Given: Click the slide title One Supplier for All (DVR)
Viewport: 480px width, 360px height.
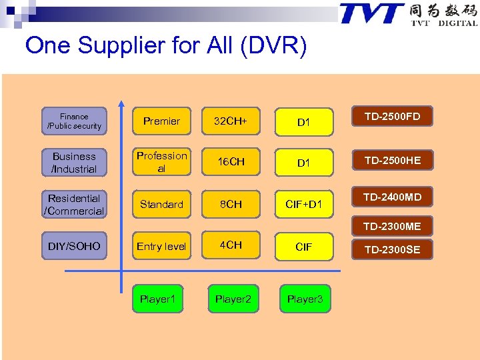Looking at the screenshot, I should (x=166, y=46).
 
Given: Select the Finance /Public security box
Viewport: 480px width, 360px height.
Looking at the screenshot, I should (x=74, y=121).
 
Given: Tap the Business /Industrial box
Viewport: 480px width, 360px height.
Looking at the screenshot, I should (x=74, y=162).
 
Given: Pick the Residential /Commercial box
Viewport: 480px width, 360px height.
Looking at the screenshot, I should (x=74, y=205).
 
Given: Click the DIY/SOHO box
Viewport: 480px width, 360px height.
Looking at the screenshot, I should (x=74, y=246).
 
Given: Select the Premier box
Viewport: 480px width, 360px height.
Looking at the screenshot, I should (x=161, y=121).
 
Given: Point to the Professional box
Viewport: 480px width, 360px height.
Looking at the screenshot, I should (x=161, y=162).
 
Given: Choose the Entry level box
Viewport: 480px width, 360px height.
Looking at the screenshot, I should (x=161, y=246).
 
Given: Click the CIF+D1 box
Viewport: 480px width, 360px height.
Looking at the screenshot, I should (x=304, y=204).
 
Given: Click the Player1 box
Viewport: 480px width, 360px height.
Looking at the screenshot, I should (x=157, y=299).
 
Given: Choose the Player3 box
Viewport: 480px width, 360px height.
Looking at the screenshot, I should (x=305, y=299).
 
